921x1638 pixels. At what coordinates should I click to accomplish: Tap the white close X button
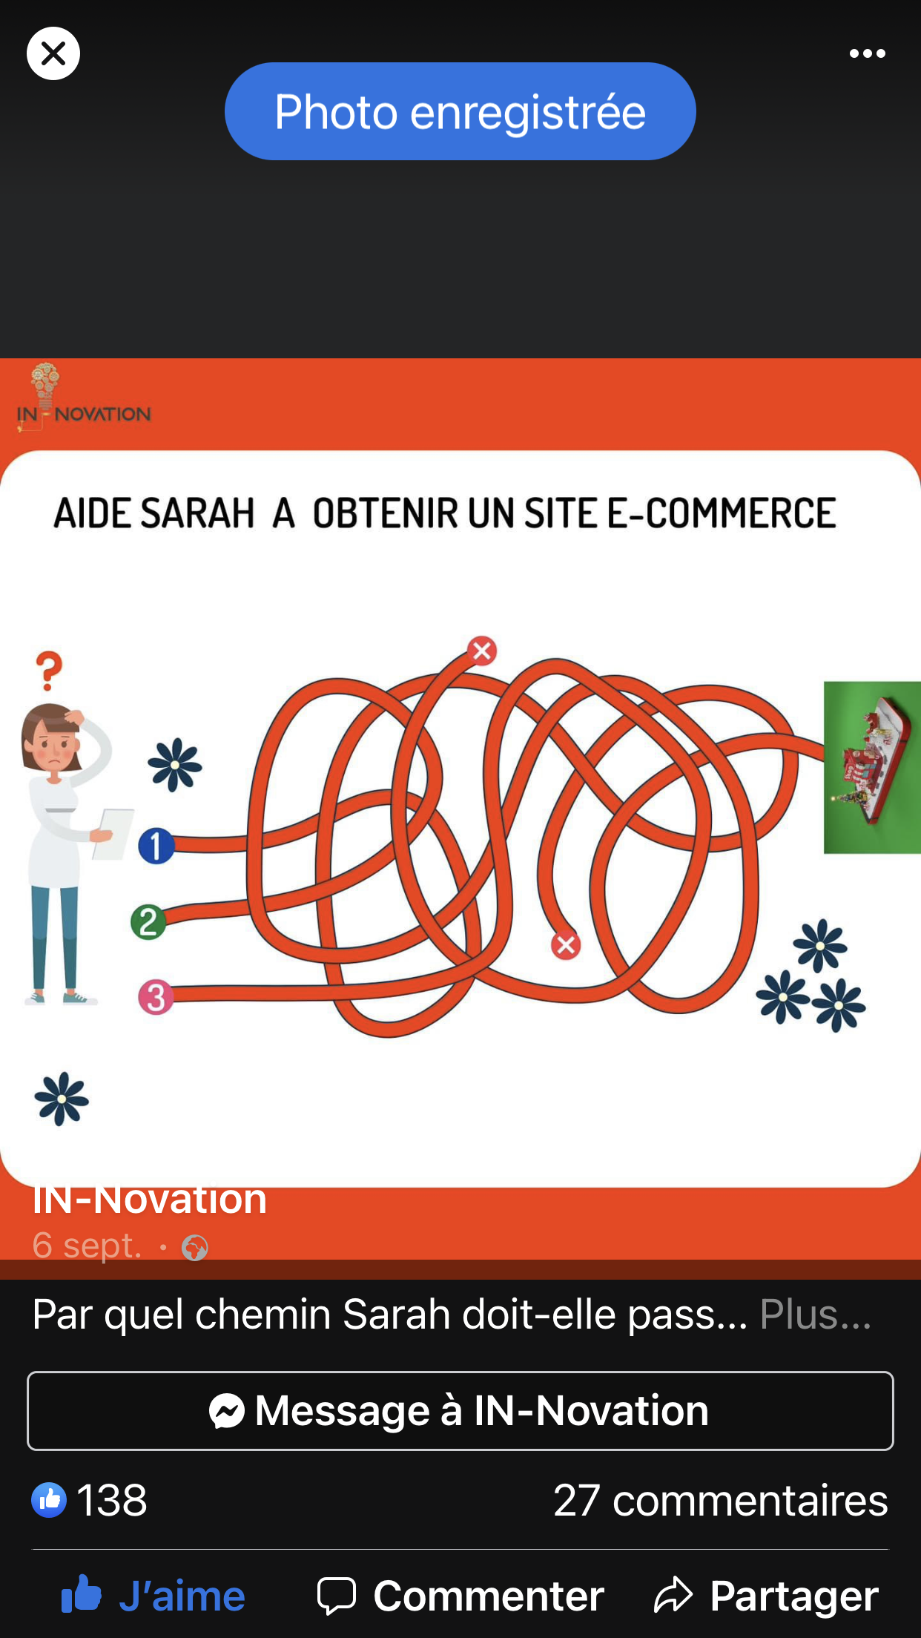pos(53,53)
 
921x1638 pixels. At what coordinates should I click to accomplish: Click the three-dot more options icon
pos(867,53)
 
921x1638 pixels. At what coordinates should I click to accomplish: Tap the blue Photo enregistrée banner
pos(460,111)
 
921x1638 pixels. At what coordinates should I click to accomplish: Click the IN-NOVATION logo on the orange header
pos(83,398)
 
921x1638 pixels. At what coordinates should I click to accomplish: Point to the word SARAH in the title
pos(197,513)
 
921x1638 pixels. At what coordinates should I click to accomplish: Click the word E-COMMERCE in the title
pos(722,513)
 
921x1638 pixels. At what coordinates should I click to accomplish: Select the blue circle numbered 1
pos(156,846)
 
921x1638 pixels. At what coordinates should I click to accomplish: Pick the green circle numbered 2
pos(148,922)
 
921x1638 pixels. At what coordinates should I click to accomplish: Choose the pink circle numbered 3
pos(156,998)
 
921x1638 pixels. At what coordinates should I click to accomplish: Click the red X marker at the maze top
pos(482,651)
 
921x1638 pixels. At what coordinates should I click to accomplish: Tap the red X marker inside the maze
pos(566,944)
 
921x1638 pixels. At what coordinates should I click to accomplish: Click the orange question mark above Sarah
pos(50,671)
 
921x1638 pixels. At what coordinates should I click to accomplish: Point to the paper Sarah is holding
pos(113,834)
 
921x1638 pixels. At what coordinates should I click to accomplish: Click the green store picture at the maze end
pos(872,767)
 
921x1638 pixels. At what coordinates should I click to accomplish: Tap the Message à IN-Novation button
pos(460,1410)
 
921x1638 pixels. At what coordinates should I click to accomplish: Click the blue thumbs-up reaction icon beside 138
pos(49,1500)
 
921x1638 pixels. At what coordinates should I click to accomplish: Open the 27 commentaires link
pos(720,1500)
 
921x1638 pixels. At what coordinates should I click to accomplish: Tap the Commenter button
pos(460,1596)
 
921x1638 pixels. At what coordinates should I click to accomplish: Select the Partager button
pos(766,1596)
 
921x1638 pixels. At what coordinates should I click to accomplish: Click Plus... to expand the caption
pos(816,1315)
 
